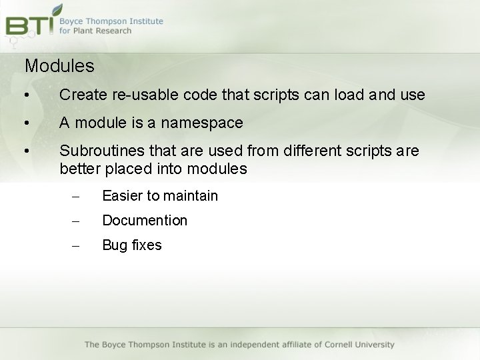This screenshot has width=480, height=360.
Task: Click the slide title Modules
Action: click(x=59, y=66)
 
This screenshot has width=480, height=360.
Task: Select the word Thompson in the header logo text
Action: click(x=111, y=21)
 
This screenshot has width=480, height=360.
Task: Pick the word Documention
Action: click(x=145, y=220)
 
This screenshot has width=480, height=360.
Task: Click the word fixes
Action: click(x=146, y=245)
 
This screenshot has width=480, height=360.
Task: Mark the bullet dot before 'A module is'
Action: click(x=25, y=123)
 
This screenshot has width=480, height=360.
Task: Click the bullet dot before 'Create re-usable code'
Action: click(x=25, y=95)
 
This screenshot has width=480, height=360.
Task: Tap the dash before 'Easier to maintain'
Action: click(x=75, y=196)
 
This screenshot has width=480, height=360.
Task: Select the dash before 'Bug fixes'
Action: click(x=75, y=245)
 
